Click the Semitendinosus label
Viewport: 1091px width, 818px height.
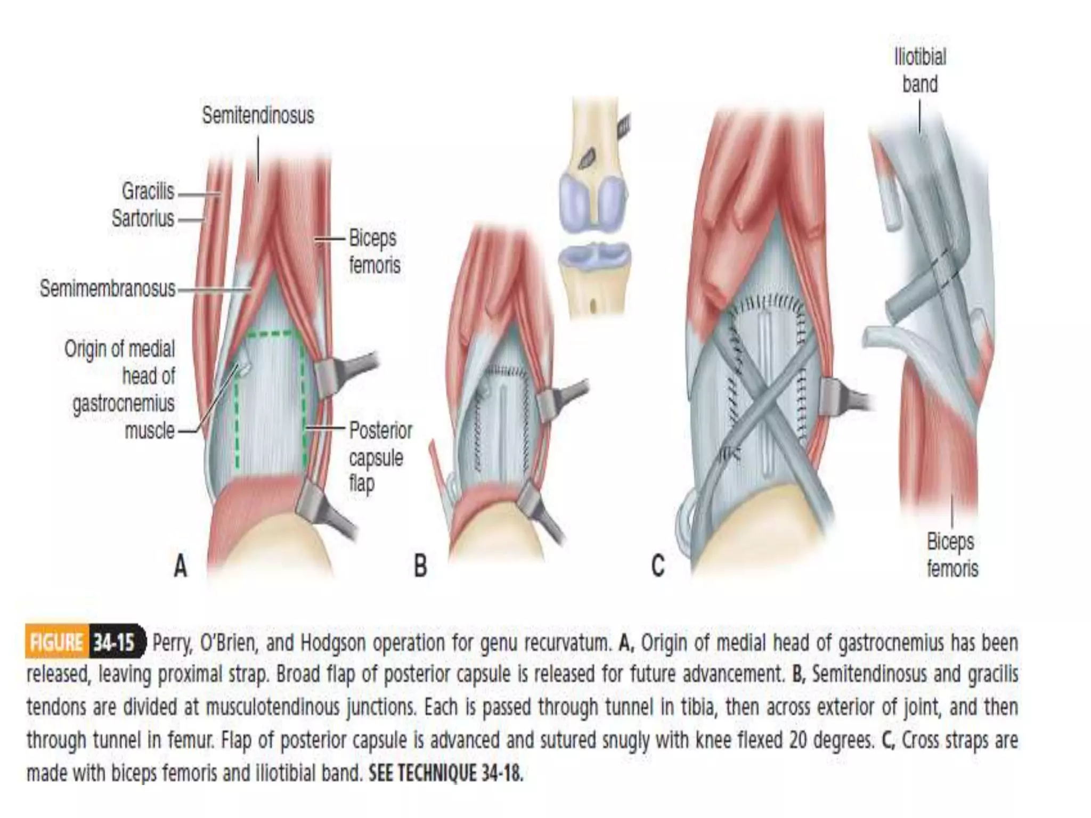258,116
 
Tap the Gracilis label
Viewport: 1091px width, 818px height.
148,191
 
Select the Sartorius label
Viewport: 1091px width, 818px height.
143,218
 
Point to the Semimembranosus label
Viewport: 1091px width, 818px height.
108,289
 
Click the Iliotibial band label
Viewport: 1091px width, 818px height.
920,70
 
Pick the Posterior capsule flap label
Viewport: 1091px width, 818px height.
380,457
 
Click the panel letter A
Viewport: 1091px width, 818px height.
181,566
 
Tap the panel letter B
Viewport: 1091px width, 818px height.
420,566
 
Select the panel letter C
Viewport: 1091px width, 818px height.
658,566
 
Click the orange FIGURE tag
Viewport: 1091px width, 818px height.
56,643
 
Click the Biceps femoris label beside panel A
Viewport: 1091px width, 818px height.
374,251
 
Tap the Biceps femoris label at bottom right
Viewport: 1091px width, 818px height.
952,555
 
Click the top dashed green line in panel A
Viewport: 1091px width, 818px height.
270,334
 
